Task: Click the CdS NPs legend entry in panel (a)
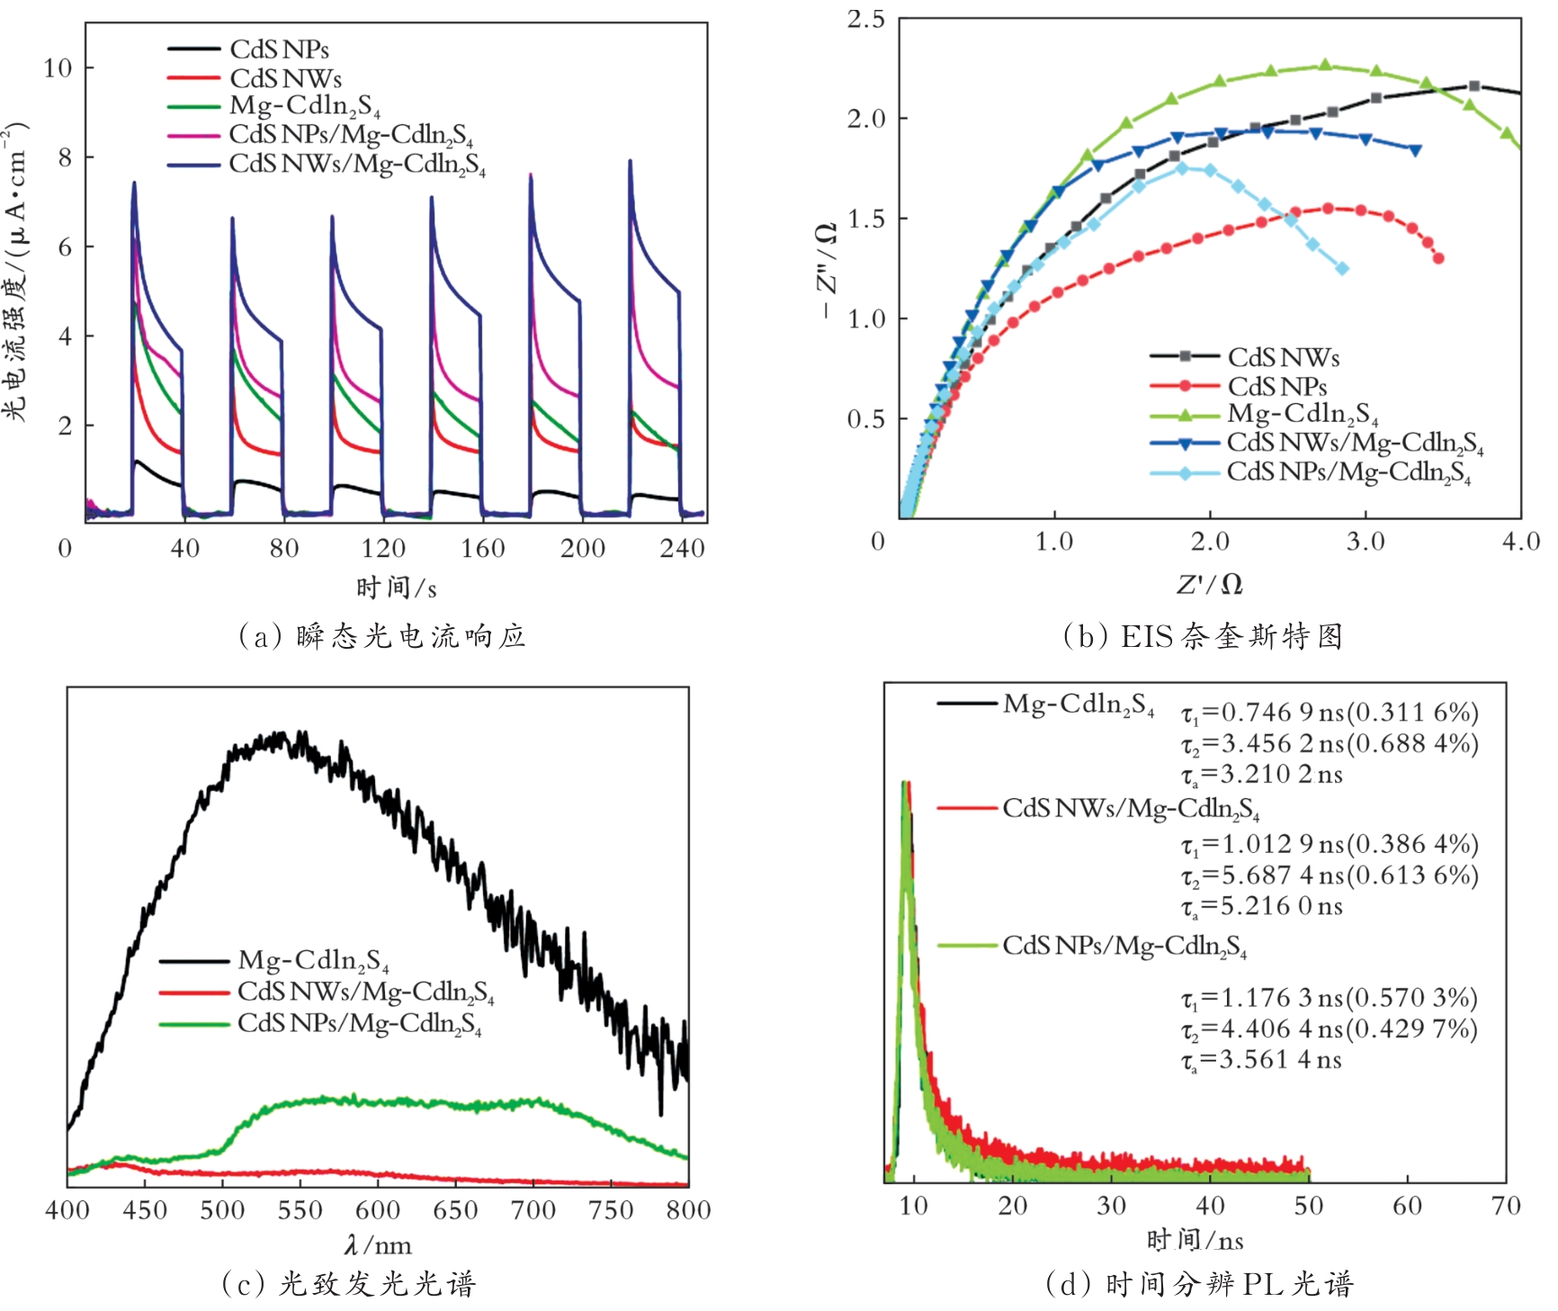click(x=279, y=49)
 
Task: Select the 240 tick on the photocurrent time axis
click(x=682, y=548)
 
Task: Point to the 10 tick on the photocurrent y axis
click(x=58, y=68)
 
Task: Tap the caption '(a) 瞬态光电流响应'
click(x=381, y=636)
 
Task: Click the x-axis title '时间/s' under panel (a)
click(x=396, y=588)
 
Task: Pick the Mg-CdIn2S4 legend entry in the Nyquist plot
click(x=1302, y=414)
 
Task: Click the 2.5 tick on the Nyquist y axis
click(x=865, y=19)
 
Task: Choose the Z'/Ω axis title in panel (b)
click(x=1210, y=584)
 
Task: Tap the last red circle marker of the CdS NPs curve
click(x=1438, y=258)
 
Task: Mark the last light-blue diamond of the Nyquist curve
click(x=1342, y=268)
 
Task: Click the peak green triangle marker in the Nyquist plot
click(x=1325, y=65)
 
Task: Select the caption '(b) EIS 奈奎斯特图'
click(x=1203, y=636)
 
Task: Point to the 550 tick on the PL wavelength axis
click(x=300, y=1210)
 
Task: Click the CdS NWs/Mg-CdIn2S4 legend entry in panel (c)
click(x=365, y=992)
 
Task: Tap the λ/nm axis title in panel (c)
click(x=378, y=1245)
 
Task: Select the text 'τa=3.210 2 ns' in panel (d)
click(x=1261, y=775)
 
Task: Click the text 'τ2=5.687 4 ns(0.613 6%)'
click(x=1330, y=875)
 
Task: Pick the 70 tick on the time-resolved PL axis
click(x=1505, y=1206)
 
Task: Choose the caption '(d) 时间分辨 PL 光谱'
click(x=1199, y=1284)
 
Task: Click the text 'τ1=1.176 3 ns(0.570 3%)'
click(x=1330, y=998)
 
